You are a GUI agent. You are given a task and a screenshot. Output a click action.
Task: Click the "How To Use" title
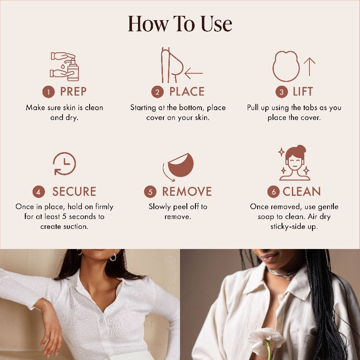coord(180,24)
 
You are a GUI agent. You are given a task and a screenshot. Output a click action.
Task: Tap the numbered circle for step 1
coord(48,92)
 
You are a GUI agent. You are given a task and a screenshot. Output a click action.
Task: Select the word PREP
coord(73,91)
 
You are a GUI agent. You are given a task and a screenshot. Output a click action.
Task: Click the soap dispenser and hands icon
coord(65,66)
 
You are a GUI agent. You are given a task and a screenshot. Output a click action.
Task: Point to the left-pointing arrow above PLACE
coord(194,73)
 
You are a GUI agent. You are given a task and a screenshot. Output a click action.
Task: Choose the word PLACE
coord(187,91)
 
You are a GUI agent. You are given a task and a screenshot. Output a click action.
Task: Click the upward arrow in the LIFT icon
coord(309,66)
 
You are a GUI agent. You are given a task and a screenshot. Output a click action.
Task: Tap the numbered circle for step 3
coord(282,92)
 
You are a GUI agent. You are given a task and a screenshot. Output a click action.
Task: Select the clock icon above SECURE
coord(64,164)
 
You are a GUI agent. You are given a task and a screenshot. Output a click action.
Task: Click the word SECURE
coord(74,192)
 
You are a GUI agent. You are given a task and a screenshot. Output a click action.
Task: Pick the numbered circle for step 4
coord(39,192)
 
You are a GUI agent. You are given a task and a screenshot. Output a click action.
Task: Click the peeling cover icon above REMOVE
coord(178,166)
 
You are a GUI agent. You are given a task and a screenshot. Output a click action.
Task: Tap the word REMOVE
coord(187,192)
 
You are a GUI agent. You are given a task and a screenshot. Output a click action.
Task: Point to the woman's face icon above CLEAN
coord(294,163)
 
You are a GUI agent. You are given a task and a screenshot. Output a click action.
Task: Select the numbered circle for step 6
coord(273,192)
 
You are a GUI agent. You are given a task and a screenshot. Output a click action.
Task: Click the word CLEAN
coord(301,192)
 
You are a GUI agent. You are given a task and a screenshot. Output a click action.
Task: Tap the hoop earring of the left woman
coord(113,257)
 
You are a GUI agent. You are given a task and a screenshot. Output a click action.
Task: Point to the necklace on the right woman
coord(281,274)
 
